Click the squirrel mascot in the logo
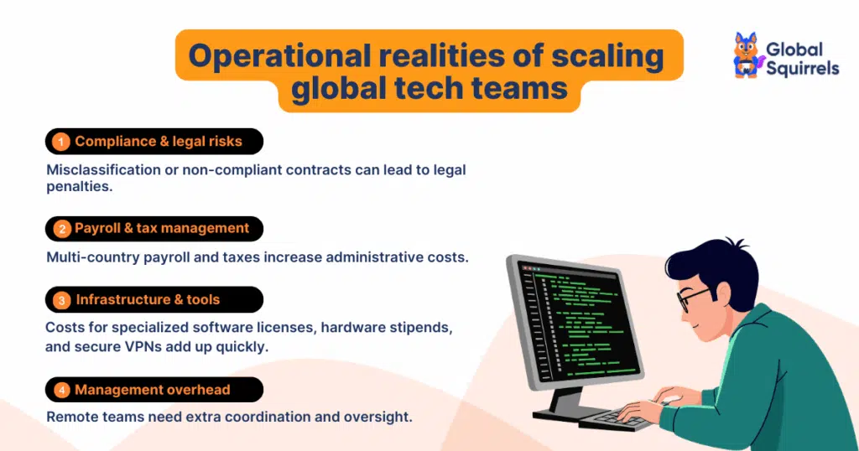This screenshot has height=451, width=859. click(746, 56)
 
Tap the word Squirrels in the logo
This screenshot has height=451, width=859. click(802, 70)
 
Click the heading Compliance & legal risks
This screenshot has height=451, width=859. click(158, 142)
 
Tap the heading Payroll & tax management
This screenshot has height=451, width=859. click(162, 228)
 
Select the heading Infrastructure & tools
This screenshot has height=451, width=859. click(148, 299)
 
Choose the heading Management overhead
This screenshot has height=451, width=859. click(152, 390)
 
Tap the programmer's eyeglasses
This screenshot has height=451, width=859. click(692, 298)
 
